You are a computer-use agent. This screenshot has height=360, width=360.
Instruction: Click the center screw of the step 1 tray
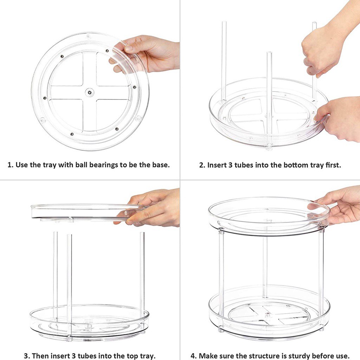click(x=90, y=92)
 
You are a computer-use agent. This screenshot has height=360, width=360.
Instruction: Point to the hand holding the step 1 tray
click(x=151, y=53)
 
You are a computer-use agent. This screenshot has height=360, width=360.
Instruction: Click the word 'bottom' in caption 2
click(x=281, y=165)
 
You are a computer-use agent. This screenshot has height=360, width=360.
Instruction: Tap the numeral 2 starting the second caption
click(x=201, y=165)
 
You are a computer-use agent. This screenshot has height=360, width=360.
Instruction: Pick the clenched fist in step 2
click(x=318, y=53)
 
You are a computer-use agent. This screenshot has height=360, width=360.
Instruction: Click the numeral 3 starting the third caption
click(x=26, y=356)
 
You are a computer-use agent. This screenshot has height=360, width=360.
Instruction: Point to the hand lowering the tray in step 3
click(x=155, y=207)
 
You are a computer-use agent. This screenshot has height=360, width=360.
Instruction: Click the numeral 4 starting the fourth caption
click(x=193, y=356)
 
